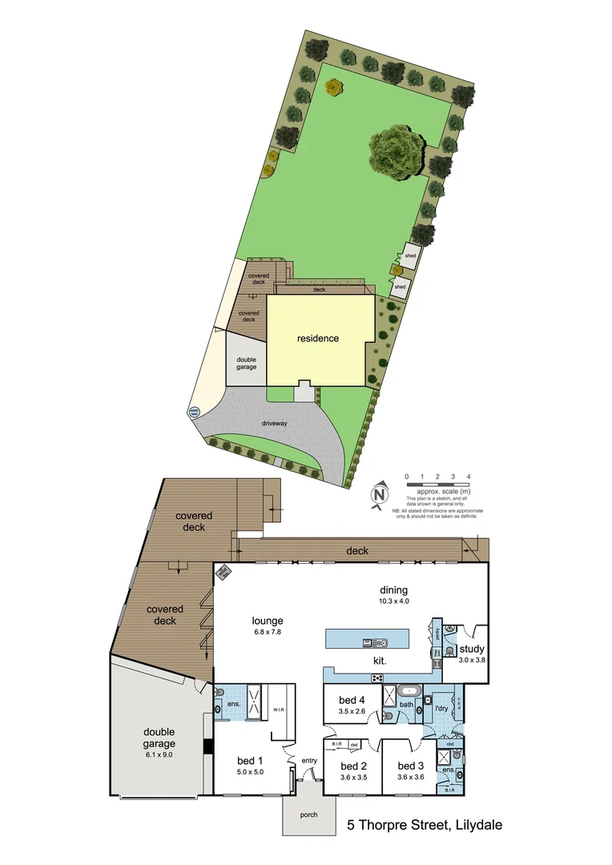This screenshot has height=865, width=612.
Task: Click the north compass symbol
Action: tap(380, 493)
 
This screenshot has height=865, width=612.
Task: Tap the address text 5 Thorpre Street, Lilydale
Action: tap(425, 824)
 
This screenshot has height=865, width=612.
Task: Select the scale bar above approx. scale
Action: tap(437, 485)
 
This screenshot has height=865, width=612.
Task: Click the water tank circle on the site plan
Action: tap(193, 413)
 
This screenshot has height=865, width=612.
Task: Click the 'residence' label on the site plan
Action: tap(318, 338)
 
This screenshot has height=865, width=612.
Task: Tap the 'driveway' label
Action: tap(275, 422)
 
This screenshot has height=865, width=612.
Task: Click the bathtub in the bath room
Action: tap(409, 690)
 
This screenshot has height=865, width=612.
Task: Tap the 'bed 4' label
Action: tap(351, 699)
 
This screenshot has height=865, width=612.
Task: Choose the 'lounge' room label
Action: tap(267, 620)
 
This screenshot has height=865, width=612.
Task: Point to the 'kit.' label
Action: tap(381, 662)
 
